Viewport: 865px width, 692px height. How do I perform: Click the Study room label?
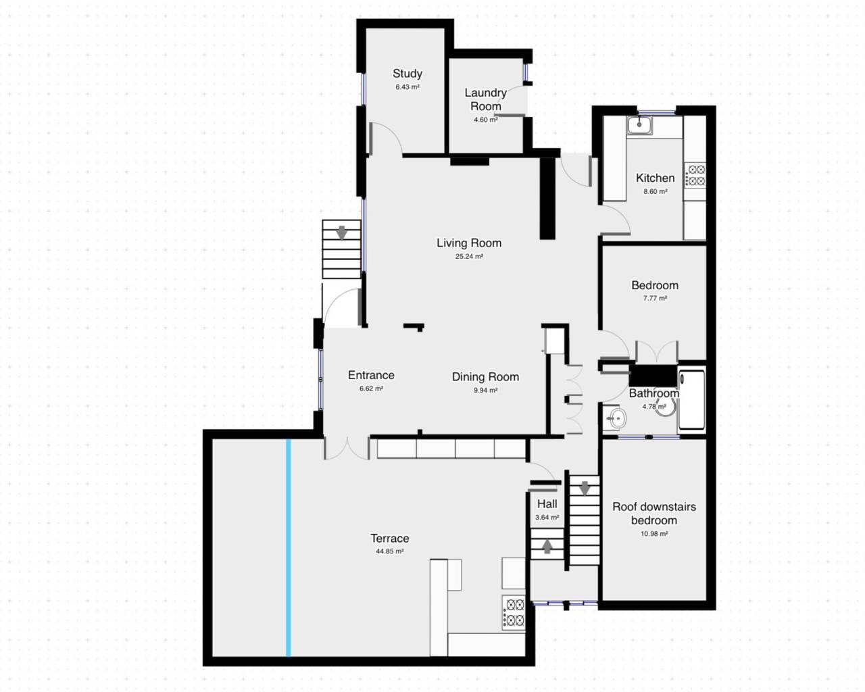(407, 74)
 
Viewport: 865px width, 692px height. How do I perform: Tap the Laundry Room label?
(485, 99)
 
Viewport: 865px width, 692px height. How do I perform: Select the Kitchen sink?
(638, 124)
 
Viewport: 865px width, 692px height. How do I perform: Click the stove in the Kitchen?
(695, 176)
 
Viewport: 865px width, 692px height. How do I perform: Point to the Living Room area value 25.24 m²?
(469, 257)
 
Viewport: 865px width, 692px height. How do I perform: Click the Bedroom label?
(654, 285)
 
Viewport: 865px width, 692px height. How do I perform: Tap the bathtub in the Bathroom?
(691, 399)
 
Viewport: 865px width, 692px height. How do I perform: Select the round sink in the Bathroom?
(615, 419)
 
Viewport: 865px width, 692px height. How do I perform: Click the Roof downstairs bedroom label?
(653, 514)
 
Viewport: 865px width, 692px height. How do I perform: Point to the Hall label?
(547, 504)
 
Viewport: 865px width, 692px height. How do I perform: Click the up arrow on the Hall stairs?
(547, 545)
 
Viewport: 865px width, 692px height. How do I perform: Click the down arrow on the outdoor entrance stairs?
(342, 233)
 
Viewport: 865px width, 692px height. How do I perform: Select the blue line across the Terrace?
(289, 547)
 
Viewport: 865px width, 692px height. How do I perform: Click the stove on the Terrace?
(514, 612)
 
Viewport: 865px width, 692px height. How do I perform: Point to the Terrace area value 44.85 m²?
(389, 551)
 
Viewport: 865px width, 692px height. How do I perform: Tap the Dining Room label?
(485, 377)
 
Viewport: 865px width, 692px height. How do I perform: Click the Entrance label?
(371, 375)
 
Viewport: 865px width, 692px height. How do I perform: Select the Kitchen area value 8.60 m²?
(655, 192)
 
